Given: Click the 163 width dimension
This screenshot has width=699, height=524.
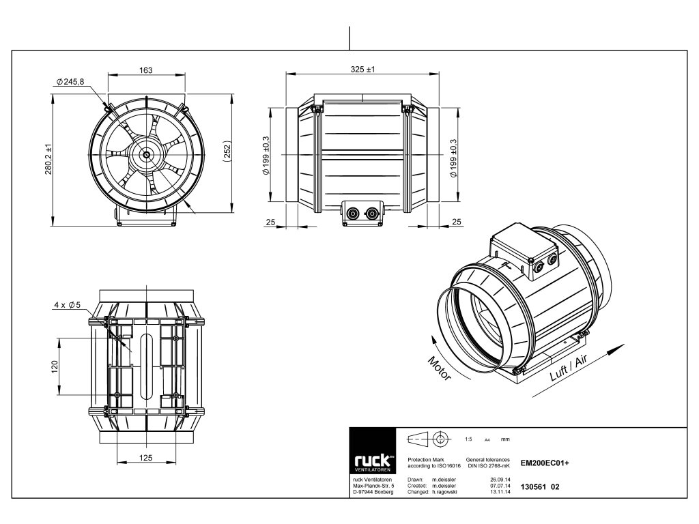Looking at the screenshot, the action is [146, 70].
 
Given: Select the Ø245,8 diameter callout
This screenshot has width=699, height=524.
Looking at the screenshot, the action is [70, 82].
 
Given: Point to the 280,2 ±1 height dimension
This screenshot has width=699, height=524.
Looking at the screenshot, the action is [48, 158].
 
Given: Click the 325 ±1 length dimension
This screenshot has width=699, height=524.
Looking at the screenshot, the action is [363, 70].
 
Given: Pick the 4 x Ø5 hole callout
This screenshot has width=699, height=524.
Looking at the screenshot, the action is [68, 305].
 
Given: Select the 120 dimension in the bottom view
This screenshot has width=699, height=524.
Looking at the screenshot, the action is [55, 366].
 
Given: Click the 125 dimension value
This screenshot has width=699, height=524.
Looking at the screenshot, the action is [146, 458].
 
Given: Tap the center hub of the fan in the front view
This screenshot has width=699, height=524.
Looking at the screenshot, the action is [146, 155].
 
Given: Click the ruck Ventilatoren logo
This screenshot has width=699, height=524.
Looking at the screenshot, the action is [373, 451].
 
